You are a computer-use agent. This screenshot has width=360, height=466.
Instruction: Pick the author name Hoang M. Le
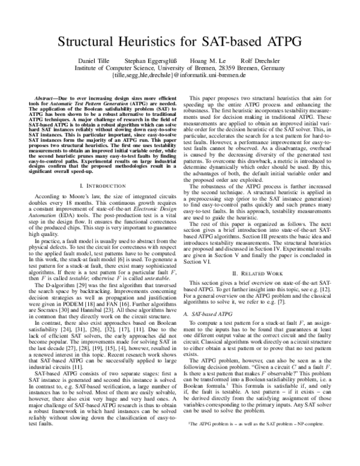click(x=209, y=61)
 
